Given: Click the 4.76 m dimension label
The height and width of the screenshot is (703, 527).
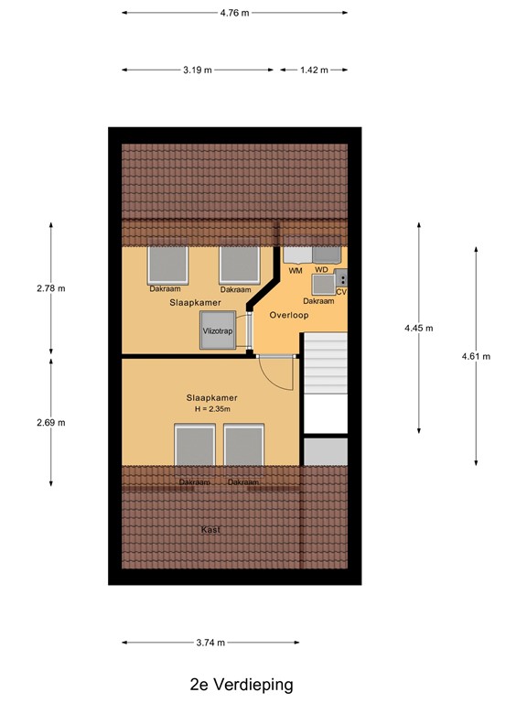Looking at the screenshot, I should coord(234,13).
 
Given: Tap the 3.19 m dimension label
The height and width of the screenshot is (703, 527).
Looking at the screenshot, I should coord(198,70).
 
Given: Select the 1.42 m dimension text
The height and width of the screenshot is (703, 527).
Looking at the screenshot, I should coord(313,70).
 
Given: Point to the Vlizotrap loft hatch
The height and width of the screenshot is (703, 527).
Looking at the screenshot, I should coord(218,330).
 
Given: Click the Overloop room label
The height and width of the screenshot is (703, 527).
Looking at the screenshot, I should coord(289,315).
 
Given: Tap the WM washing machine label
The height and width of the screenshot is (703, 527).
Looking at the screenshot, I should coord(295,271).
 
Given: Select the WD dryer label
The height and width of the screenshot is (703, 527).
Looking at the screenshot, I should coord(321,271).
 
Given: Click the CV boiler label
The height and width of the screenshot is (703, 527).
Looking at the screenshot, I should coord(341,291).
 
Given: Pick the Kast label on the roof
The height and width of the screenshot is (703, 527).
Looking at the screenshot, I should coord(211,530).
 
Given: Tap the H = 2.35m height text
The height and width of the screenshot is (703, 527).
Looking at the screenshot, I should coord(210,409).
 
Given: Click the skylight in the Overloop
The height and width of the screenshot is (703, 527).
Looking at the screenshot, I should coord(324,283).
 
